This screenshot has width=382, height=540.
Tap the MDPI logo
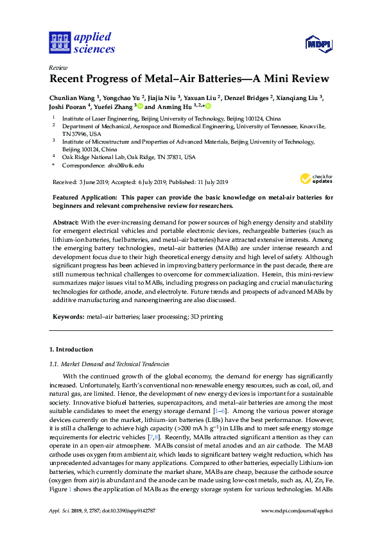pyautogui.click(x=318, y=44)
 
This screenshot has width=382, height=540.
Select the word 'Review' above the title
pyautogui.click(x=58, y=67)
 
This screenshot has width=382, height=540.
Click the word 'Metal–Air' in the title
pyautogui.click(x=169, y=80)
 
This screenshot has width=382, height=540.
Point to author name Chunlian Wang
pyautogui.click(x=73, y=97)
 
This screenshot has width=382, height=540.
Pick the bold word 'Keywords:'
pyautogui.click(x=67, y=317)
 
